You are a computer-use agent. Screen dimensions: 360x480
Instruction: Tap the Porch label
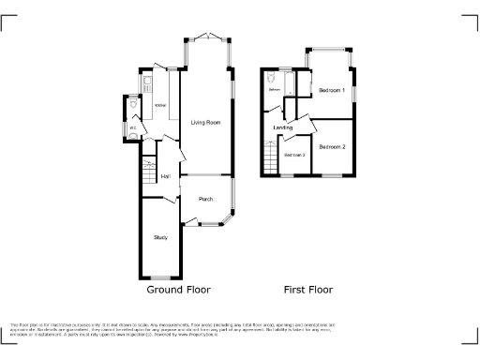point(205,199)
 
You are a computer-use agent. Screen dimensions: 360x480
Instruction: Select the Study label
point(160,237)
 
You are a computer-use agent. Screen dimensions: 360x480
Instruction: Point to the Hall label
point(165,176)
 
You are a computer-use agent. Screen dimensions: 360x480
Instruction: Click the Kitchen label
point(160,105)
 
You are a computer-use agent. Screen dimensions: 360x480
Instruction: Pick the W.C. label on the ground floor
point(133,127)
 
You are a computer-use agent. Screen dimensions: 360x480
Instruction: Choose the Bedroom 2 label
point(332,147)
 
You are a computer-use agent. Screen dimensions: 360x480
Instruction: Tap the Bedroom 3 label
point(295,155)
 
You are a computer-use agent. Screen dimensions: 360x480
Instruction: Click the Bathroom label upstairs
point(275,90)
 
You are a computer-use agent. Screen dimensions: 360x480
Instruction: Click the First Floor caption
point(308,290)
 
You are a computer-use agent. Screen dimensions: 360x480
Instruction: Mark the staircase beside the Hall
point(148,173)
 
